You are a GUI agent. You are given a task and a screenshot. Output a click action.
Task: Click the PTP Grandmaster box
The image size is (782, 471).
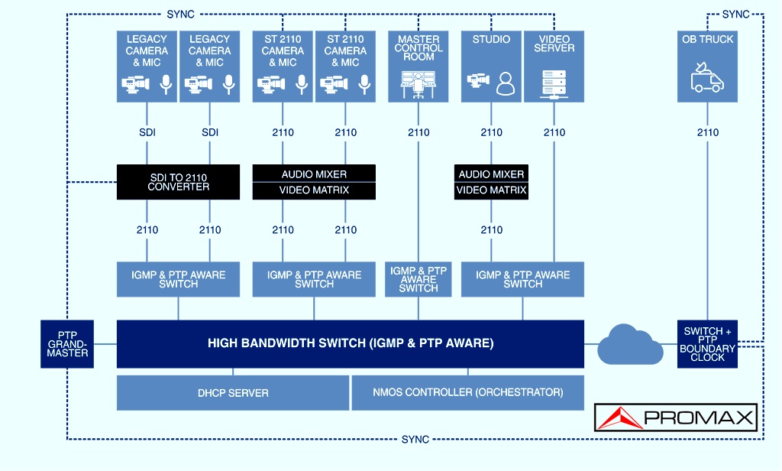point(67,344)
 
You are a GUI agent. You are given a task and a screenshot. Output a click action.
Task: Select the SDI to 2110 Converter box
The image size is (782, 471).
point(178,182)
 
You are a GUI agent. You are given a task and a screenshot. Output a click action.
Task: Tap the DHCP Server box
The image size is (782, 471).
point(233,393)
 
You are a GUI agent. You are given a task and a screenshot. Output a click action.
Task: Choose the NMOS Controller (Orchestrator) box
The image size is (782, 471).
point(468,393)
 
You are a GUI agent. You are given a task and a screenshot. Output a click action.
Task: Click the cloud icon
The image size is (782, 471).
point(630,345)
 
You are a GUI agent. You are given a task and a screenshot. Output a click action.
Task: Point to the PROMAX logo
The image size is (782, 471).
point(676,417)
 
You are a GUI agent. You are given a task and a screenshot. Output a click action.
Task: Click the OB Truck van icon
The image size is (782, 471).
point(707,77)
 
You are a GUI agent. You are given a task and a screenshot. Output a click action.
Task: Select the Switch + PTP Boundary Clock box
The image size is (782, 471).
point(707,344)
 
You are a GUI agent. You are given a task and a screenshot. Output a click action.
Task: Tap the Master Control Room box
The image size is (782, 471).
point(418,67)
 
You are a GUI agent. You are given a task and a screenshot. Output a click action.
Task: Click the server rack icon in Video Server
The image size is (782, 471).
point(554,84)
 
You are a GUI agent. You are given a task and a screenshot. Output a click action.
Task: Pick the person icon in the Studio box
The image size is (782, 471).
point(506,83)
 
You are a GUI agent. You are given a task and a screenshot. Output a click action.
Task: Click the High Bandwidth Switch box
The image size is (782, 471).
point(350,344)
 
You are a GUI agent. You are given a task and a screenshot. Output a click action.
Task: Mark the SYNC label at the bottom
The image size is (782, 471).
point(415,440)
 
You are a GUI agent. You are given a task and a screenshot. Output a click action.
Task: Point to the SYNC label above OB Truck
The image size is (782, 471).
point(735,15)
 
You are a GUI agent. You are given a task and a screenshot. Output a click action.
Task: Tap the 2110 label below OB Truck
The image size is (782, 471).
point(708,132)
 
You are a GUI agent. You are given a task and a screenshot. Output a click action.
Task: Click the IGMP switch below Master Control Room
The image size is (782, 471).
point(418,279)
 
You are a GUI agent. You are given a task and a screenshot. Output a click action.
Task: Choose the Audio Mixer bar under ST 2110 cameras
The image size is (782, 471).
point(314,174)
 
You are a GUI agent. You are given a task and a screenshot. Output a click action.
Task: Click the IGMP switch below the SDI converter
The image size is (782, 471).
point(178,279)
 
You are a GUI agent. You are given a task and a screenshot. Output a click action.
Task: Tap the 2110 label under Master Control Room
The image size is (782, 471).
point(418,132)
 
